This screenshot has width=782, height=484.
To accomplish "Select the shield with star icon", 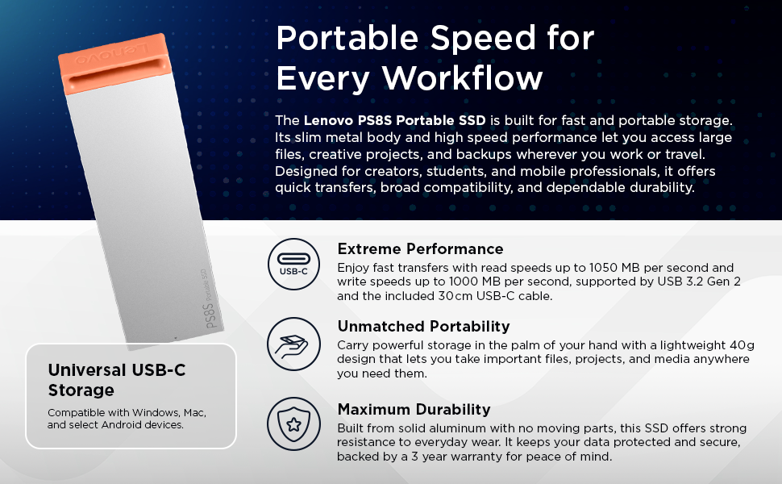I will coord(293,423).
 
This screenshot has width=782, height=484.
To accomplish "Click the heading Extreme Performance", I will coord(420,248).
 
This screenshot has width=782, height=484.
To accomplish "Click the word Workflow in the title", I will coord(462,78).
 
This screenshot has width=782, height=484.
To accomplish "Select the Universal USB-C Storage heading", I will coord(117,380).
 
